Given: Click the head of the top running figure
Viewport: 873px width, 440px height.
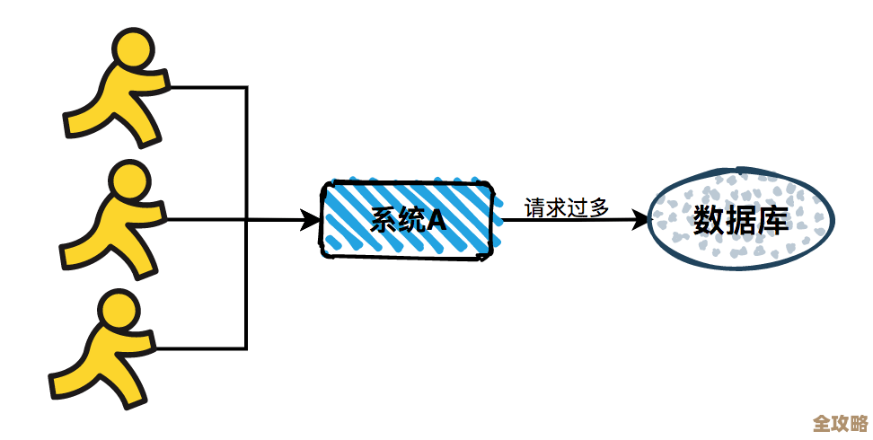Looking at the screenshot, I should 130,53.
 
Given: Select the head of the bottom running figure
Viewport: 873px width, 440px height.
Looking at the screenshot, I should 120,311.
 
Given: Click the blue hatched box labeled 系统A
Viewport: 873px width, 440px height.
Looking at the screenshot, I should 409,219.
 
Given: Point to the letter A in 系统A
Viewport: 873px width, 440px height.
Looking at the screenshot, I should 436,220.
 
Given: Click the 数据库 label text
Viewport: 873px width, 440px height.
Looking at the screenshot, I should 741,219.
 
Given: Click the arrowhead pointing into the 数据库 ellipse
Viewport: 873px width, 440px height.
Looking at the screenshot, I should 639,219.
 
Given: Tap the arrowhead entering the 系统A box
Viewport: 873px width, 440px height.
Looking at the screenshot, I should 313,219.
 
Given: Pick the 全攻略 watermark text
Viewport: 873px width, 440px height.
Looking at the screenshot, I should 840,423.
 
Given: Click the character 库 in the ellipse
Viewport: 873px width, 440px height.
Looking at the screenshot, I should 772,219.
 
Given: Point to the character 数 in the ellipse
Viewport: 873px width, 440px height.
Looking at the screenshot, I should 710,219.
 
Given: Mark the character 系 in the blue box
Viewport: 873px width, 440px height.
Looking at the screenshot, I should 384,220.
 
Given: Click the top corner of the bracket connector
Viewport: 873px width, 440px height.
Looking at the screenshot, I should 246,87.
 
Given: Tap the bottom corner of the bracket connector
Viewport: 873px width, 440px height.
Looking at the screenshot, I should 246,348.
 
